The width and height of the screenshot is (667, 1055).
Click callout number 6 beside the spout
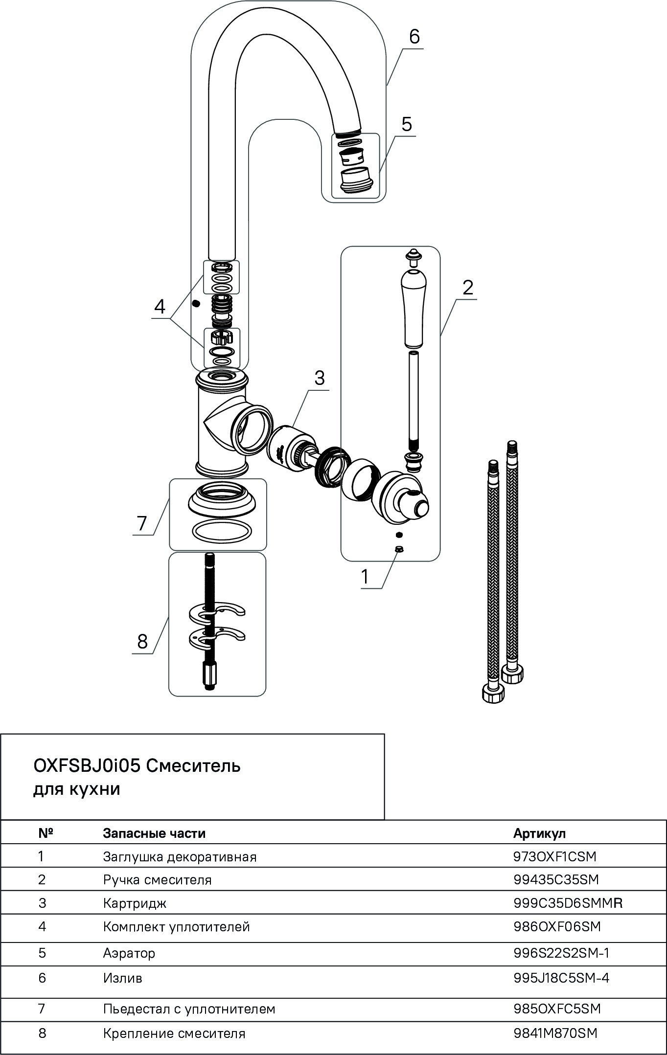[x=414, y=37]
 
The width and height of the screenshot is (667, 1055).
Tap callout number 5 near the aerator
[x=406, y=124]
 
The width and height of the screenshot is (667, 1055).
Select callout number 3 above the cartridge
[x=319, y=378]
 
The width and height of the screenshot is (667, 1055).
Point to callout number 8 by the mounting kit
[x=142, y=641]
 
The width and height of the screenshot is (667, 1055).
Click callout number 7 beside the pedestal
[x=142, y=523]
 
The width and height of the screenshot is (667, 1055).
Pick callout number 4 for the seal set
[x=160, y=307]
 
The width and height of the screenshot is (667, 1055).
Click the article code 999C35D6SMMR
[x=568, y=903]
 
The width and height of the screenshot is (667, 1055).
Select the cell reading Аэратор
[x=129, y=953]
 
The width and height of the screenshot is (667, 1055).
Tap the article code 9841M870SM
[x=555, y=1033]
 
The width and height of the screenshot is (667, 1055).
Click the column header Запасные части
[x=154, y=833]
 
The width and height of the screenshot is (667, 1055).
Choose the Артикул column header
[x=539, y=833]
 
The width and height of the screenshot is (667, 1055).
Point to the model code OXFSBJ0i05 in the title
[x=86, y=765]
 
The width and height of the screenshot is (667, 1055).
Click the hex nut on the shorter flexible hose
[x=493, y=695]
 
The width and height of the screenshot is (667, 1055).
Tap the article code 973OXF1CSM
[x=555, y=856]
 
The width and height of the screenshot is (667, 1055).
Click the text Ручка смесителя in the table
[x=157, y=880]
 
